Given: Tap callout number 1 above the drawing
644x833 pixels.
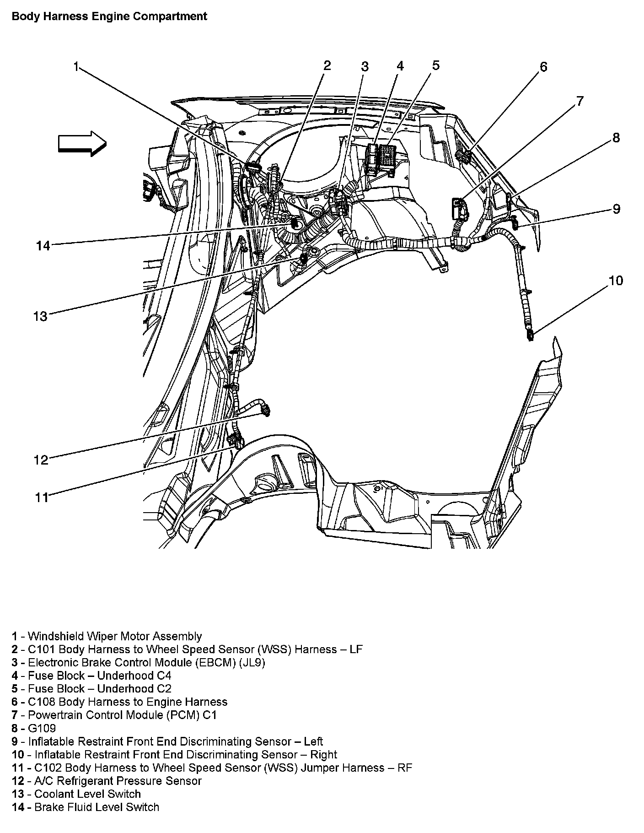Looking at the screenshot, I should [77, 67].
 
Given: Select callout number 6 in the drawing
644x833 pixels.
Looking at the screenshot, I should [543, 67].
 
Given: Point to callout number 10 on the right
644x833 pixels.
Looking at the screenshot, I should [616, 280].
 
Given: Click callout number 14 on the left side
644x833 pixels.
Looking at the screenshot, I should [43, 246].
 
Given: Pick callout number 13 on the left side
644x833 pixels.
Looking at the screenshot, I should [40, 316].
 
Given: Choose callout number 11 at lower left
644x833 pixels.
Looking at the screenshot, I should [42, 497].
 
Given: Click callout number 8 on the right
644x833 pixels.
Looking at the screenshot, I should [616, 137].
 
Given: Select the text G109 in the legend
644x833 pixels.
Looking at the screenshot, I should [42, 728].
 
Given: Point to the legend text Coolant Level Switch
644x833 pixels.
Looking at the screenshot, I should [87, 794].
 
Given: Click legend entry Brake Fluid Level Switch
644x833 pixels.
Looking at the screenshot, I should [97, 807].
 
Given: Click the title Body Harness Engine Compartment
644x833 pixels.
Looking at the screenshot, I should [109, 16].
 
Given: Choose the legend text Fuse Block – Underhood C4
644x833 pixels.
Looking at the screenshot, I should [99, 676].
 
